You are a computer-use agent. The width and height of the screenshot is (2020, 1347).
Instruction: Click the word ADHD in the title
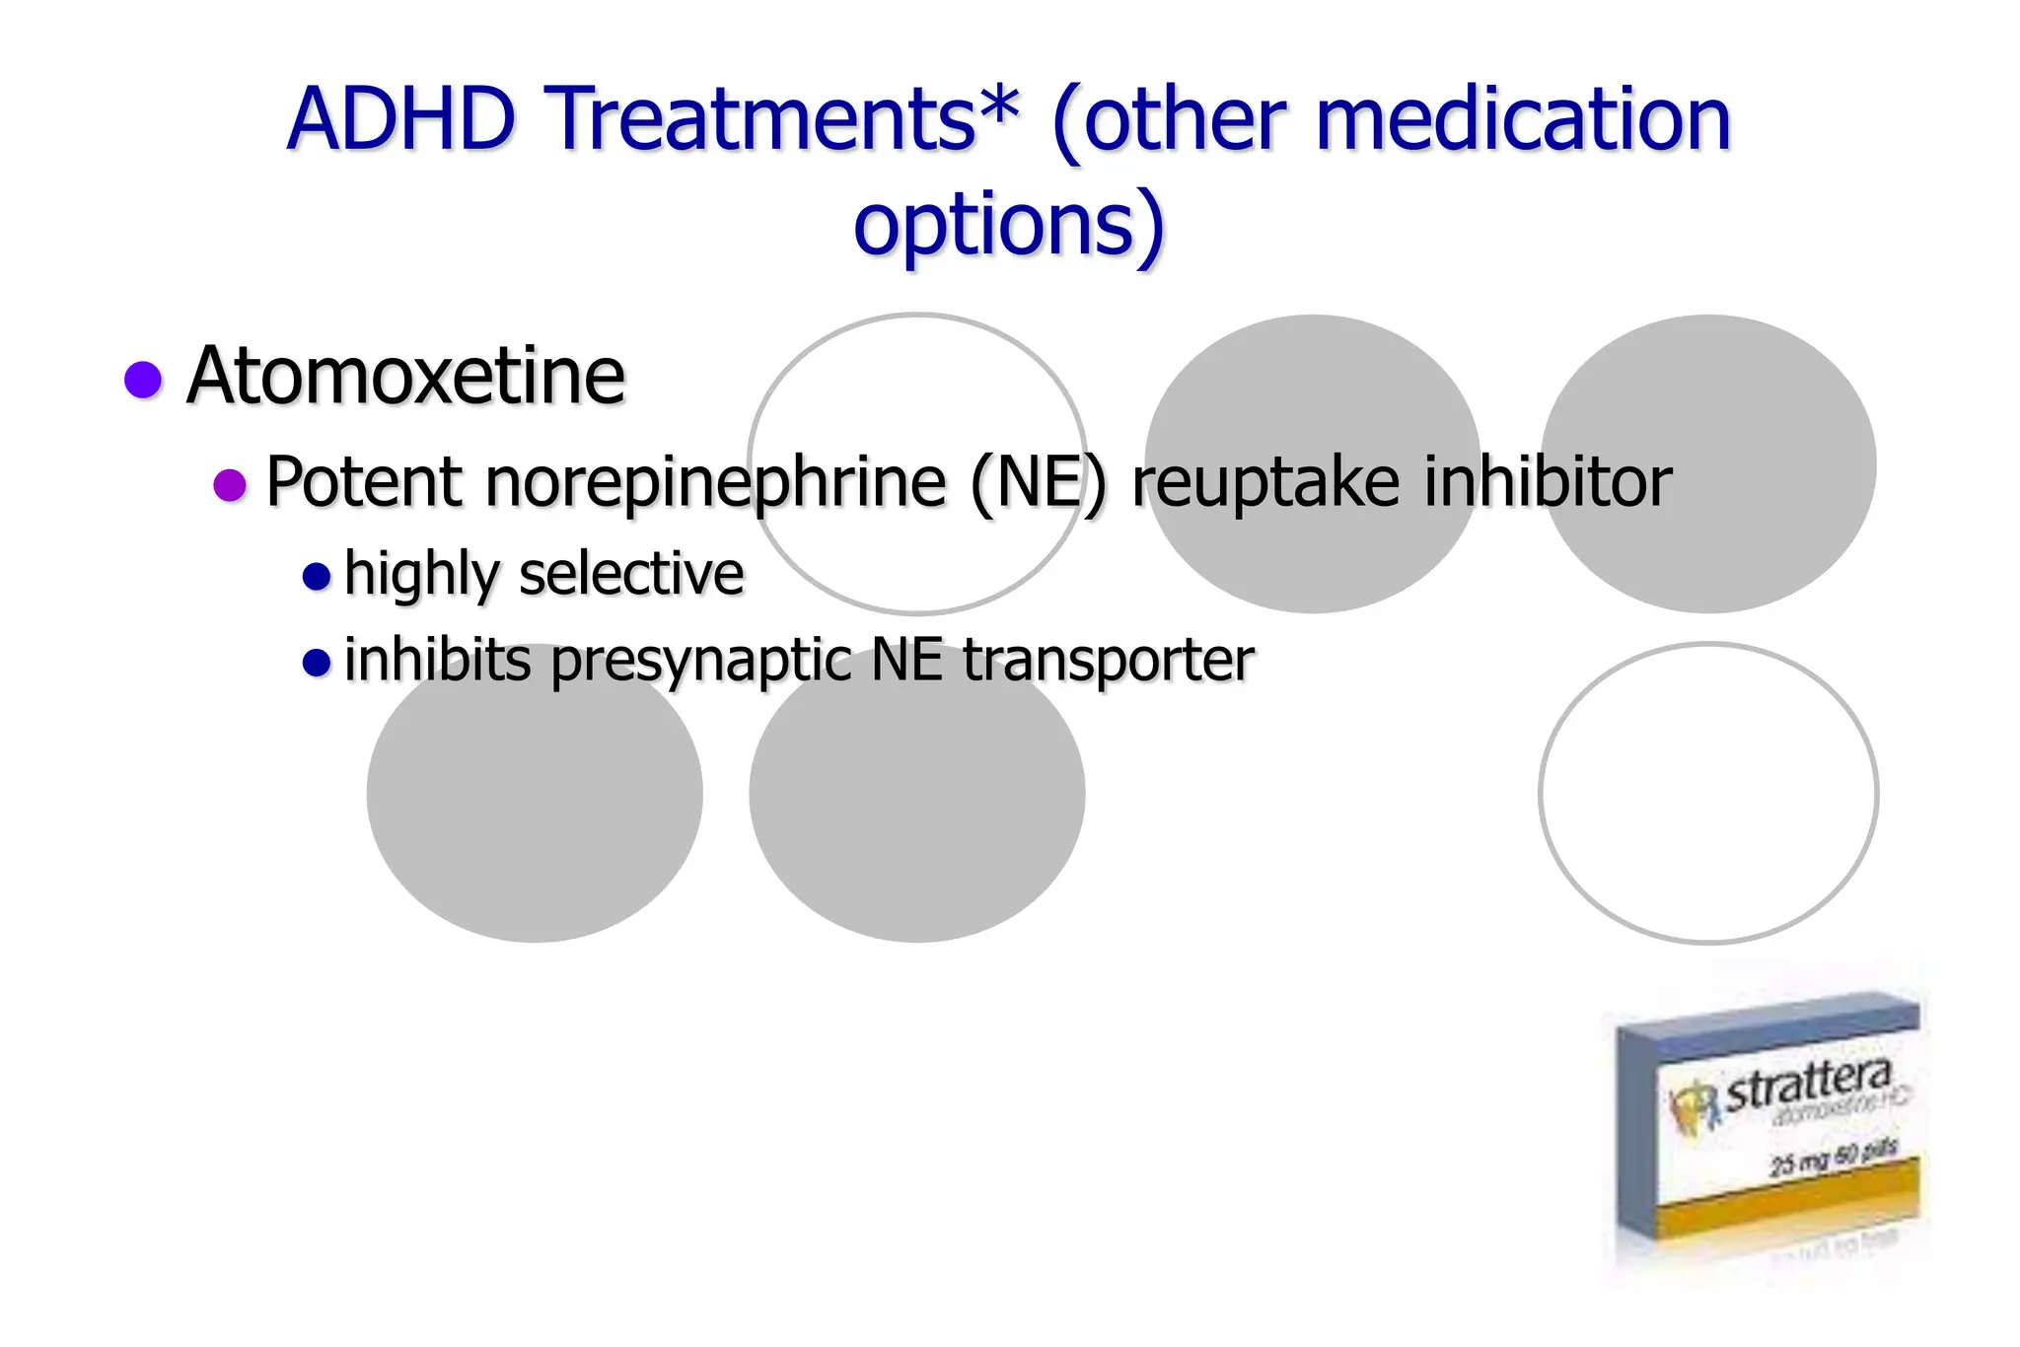400,119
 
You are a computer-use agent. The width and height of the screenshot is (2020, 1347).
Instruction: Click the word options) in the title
1009,225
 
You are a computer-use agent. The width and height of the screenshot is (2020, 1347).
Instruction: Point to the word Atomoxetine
405,377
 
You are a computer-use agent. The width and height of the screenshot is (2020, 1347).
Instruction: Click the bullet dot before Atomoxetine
143,380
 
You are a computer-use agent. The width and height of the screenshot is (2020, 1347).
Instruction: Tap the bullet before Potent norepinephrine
230,484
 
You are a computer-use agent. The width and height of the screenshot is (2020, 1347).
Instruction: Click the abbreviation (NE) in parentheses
1039,482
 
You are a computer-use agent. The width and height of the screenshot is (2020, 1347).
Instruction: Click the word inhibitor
1548,482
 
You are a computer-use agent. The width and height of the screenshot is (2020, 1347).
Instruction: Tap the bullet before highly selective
317,576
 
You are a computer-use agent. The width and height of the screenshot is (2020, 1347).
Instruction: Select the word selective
631,574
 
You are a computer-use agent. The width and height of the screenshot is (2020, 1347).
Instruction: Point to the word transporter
1108,660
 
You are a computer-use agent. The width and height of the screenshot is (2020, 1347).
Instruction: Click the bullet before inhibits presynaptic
317,662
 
